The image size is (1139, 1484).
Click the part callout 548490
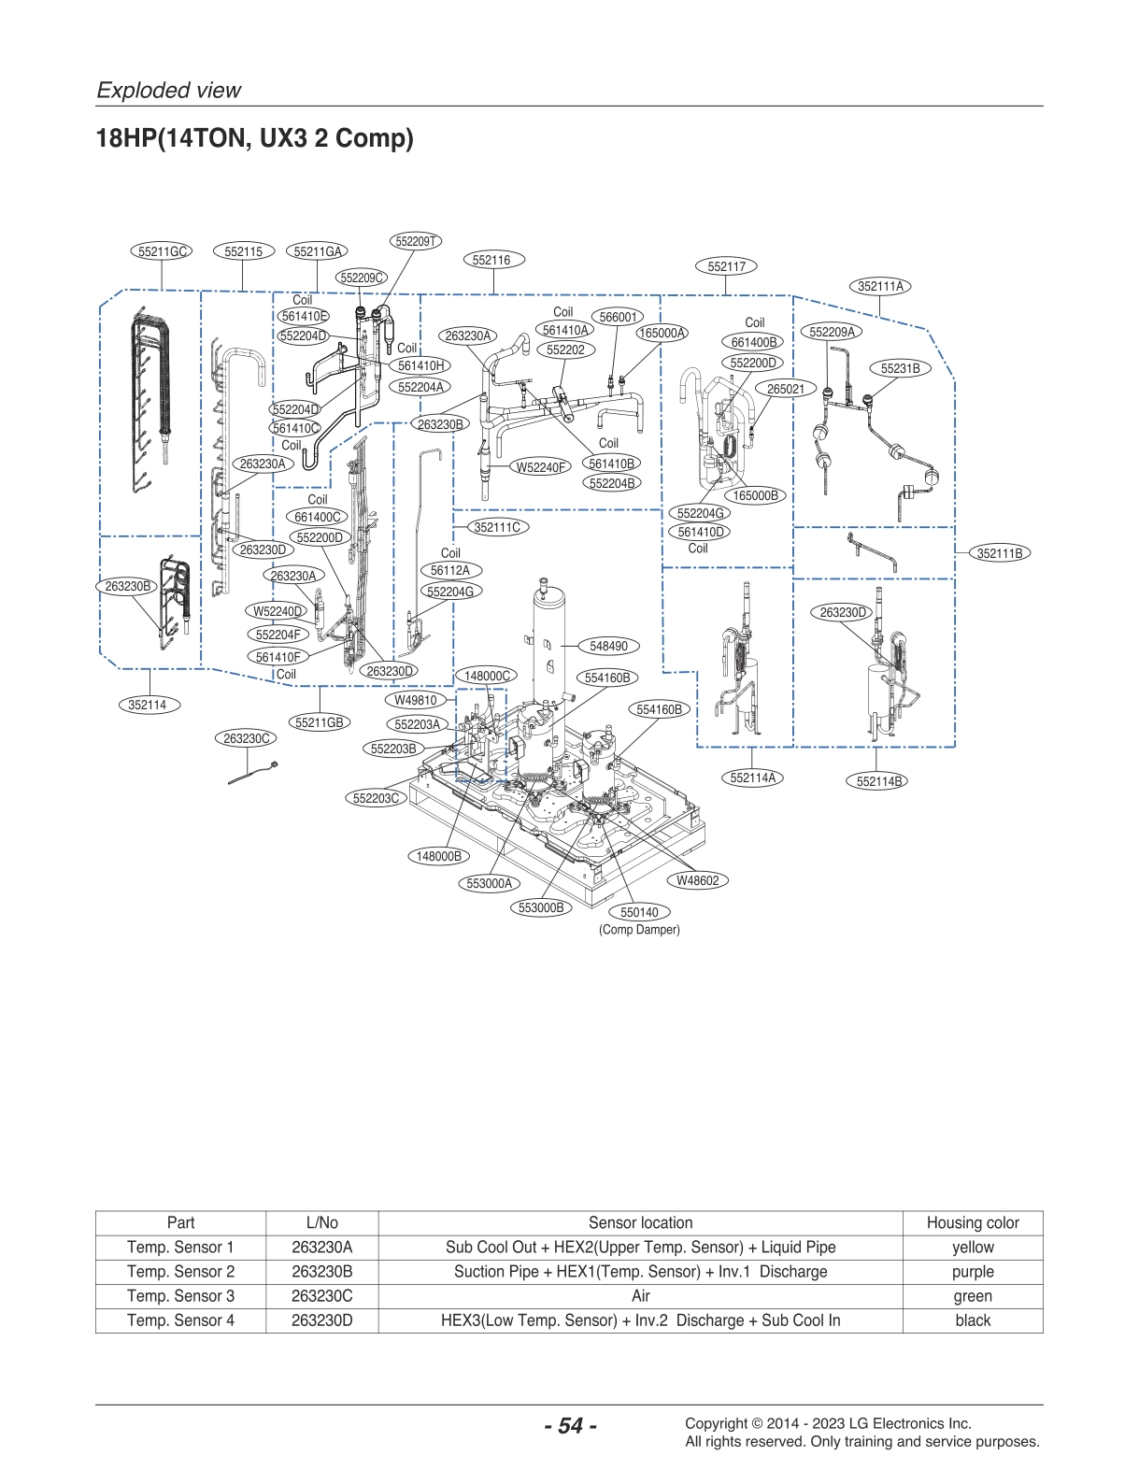(608, 646)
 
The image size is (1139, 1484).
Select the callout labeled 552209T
(415, 241)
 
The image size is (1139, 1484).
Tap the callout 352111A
(880, 286)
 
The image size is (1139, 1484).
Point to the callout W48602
(697, 880)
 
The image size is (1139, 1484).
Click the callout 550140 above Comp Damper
(639, 912)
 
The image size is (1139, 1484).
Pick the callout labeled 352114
(148, 705)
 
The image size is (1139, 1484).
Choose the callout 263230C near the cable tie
(246, 738)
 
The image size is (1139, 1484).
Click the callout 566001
(617, 317)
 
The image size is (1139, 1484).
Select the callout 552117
(726, 266)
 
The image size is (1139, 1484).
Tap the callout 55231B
(900, 368)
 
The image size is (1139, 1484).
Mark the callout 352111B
(1000, 553)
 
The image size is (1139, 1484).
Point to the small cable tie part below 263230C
(252, 775)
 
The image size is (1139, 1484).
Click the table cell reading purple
(972, 1271)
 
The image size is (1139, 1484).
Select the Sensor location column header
(640, 1222)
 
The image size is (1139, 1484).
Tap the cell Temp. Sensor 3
(180, 1296)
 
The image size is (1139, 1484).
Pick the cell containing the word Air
(640, 1296)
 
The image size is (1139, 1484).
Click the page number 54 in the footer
(570, 1425)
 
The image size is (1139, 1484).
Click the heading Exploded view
(169, 91)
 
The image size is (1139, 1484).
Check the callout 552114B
(879, 781)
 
